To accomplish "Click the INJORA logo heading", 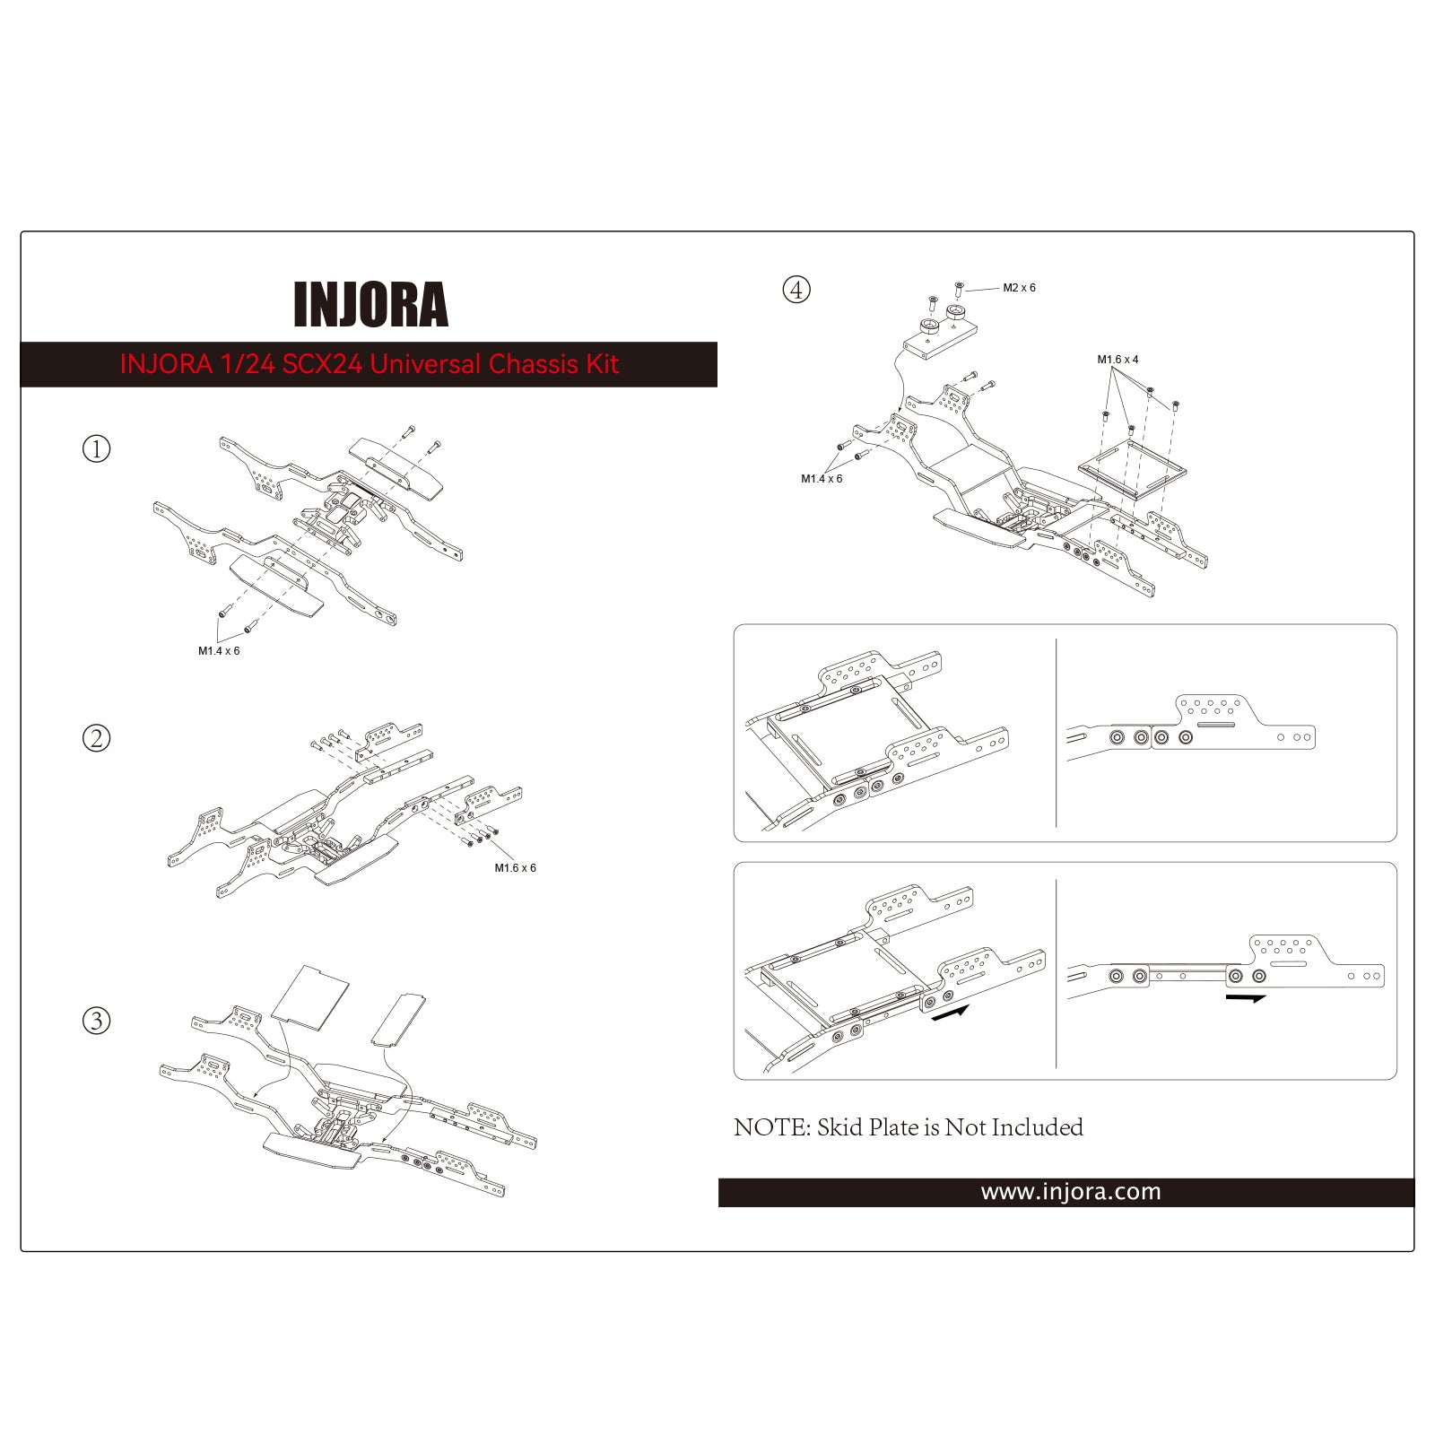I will coord(370,305).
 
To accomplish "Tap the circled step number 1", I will coord(96,448).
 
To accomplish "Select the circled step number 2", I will coord(96,738).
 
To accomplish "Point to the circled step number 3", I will coord(96,1021).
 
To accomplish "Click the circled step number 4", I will coord(796,290).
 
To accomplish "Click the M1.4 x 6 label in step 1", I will coord(219,651).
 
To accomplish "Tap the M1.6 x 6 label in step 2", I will coord(515,868).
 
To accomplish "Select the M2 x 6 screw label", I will coord(1019,288).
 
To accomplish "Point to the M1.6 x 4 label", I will coord(1118,360).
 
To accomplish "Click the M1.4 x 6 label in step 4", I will coord(822,479).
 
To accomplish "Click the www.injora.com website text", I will coord(1070,1192).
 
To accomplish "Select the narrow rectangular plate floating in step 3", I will coord(398,1019).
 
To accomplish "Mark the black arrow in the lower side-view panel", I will coord(1245,997).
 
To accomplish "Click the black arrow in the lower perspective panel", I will coord(951,1013).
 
